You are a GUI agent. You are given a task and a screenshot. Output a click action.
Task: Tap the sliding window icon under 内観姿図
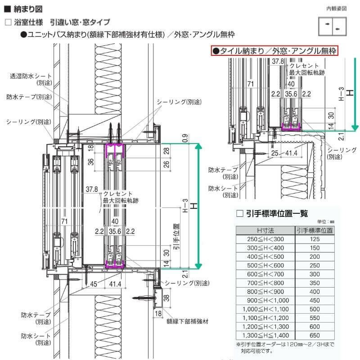(333, 26)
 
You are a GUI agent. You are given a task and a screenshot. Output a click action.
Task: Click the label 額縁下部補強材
(187, 321)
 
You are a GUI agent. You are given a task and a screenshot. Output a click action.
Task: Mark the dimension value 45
(94, 284)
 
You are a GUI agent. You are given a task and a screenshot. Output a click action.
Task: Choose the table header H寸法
(265, 230)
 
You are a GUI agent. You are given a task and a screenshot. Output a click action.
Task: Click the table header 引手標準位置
(315, 230)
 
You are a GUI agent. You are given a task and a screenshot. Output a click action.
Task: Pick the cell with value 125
(315, 239)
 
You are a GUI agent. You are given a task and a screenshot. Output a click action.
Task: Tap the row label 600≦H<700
(265, 274)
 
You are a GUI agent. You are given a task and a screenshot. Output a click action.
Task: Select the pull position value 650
(315, 335)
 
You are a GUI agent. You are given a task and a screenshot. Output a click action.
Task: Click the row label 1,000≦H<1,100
(265, 309)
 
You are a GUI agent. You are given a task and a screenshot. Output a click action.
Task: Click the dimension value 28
(166, 151)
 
